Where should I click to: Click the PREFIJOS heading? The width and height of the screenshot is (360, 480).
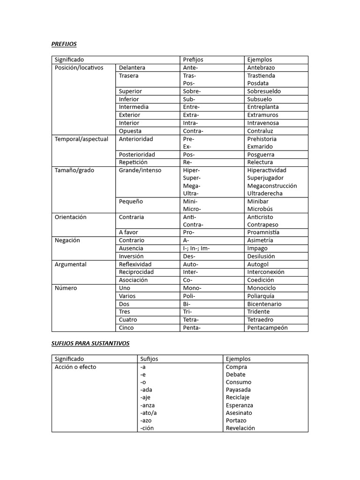click(x=64, y=44)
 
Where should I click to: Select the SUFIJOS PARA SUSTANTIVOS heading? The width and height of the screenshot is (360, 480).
click(x=90, y=343)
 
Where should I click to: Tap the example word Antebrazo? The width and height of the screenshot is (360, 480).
click(x=261, y=67)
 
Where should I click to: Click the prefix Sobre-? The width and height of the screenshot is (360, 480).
click(x=192, y=91)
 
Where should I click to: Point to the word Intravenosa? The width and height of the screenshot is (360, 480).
click(x=263, y=123)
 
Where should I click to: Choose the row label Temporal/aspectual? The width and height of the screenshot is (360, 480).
click(x=81, y=139)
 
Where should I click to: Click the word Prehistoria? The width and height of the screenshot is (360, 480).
click(x=262, y=139)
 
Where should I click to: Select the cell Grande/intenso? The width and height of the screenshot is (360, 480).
click(x=140, y=170)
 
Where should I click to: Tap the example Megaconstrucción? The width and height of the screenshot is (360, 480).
click(x=272, y=186)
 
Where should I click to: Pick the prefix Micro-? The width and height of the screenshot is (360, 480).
click(x=192, y=209)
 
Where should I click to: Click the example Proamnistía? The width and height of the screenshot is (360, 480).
click(x=263, y=232)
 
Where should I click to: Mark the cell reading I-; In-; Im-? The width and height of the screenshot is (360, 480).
click(x=196, y=248)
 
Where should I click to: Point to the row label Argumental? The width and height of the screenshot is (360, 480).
click(x=70, y=264)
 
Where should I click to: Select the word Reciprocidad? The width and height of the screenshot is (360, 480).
click(x=136, y=272)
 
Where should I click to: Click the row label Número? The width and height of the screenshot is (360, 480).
click(x=66, y=288)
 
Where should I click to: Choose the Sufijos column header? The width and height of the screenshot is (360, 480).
click(x=149, y=359)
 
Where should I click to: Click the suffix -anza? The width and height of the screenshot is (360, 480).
click(x=147, y=405)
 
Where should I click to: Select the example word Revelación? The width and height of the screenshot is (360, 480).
click(x=240, y=428)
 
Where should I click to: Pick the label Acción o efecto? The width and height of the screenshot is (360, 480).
click(x=75, y=367)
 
